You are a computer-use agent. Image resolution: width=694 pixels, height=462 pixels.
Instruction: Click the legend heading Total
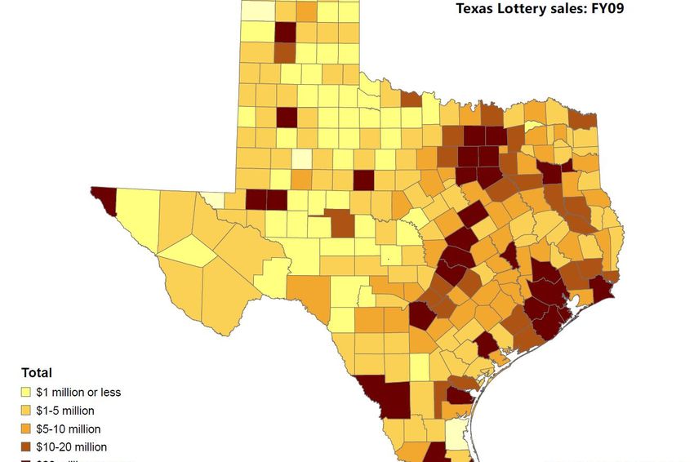pyautogui.click(x=37, y=373)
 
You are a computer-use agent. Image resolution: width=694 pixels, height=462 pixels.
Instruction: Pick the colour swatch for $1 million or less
pyautogui.click(x=28, y=392)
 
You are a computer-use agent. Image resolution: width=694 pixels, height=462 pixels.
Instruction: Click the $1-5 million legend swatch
pyautogui.click(x=28, y=411)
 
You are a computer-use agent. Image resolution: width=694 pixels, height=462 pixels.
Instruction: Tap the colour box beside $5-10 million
pyautogui.click(x=28, y=429)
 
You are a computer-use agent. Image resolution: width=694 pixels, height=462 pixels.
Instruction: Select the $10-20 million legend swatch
pyautogui.click(x=28, y=446)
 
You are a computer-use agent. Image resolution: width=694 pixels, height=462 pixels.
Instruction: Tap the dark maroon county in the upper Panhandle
pyautogui.click(x=285, y=32)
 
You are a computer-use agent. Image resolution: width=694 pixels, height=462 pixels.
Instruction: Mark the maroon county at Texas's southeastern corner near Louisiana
pyautogui.click(x=602, y=290)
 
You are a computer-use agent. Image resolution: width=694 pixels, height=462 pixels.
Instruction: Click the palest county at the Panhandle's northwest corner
pyautogui.click(x=258, y=11)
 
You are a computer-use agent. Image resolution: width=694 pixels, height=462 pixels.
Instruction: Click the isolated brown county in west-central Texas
pyautogui.click(x=341, y=223)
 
